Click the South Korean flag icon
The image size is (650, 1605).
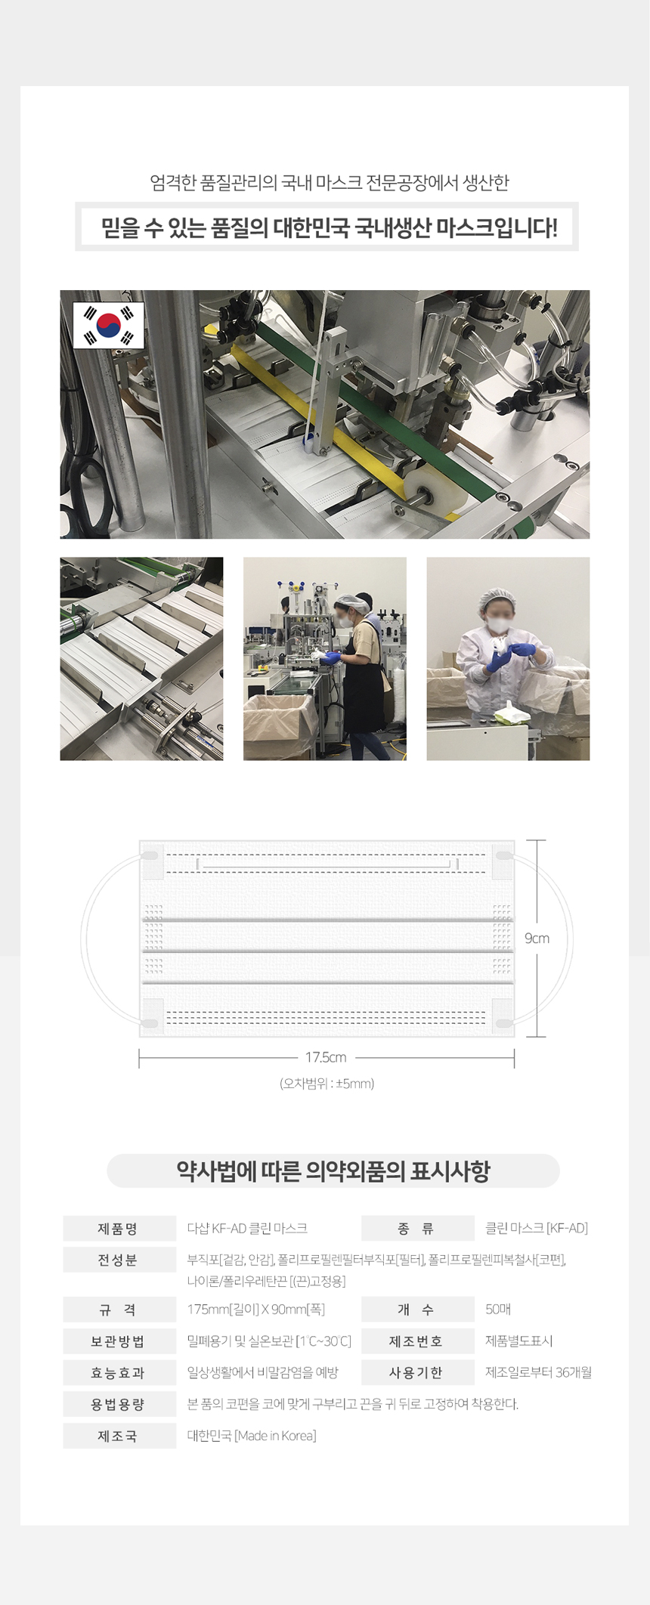click(108, 325)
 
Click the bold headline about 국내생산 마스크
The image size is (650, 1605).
click(330, 227)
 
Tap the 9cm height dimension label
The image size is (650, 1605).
click(537, 938)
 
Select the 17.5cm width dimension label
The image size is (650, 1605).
click(326, 1057)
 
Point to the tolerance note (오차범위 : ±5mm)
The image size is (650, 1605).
click(327, 1084)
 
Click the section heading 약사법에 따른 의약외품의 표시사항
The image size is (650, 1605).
click(333, 1171)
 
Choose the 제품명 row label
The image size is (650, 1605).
click(117, 1229)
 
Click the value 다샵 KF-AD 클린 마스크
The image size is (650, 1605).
click(247, 1229)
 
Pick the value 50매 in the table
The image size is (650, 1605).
click(498, 1310)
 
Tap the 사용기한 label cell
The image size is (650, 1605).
click(416, 1372)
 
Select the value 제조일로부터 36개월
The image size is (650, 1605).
click(538, 1372)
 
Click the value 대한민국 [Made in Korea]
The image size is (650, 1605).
click(252, 1436)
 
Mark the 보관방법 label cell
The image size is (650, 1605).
click(117, 1341)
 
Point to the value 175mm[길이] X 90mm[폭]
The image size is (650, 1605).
click(256, 1310)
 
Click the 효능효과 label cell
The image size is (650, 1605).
click(117, 1372)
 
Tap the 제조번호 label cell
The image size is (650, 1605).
click(416, 1341)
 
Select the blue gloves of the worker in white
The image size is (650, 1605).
click(510, 654)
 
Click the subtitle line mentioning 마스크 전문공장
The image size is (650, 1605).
click(330, 182)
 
